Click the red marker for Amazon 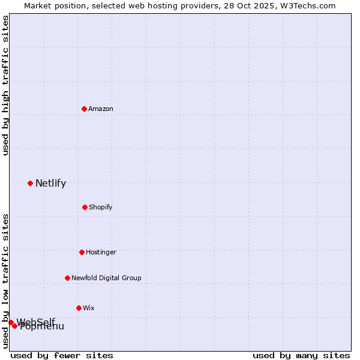[84, 109]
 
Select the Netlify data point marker [30, 183]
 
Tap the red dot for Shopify [85, 207]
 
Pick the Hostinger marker [82, 252]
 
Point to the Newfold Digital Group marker [67, 278]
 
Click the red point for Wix [79, 308]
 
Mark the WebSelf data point [11, 322]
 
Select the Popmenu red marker [14, 326]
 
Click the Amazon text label [101, 109]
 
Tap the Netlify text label [50, 184]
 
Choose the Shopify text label [101, 207]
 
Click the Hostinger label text [101, 252]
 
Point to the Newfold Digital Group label [106, 278]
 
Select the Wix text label [89, 308]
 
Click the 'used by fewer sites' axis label [62, 355]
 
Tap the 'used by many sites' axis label [301, 355]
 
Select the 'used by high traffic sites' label [5, 85]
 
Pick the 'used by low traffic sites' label [5, 281]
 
